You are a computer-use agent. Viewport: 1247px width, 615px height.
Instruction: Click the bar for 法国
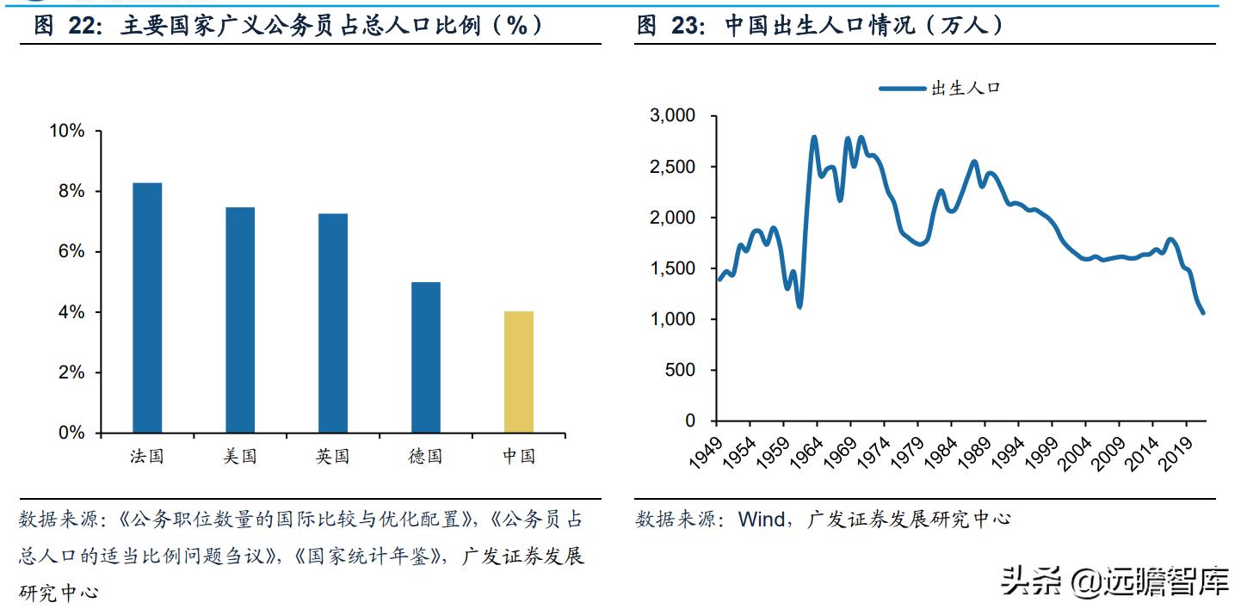(x=147, y=307)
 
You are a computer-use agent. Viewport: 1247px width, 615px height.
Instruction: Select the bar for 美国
(x=240, y=319)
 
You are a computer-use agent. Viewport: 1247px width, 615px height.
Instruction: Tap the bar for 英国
(x=333, y=323)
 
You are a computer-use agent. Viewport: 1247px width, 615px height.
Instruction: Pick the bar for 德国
(x=426, y=357)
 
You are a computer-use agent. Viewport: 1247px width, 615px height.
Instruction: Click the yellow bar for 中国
(x=519, y=372)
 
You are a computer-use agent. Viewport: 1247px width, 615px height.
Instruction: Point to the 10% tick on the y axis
(x=67, y=131)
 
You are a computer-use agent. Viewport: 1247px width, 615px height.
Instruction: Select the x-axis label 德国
(x=425, y=457)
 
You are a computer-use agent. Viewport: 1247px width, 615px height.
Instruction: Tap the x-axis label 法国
(x=147, y=457)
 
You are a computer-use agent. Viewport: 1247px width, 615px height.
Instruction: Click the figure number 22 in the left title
(x=85, y=26)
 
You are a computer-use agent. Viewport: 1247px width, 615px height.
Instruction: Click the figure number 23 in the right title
(x=688, y=26)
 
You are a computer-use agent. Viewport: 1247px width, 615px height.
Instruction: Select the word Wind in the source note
(x=761, y=519)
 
